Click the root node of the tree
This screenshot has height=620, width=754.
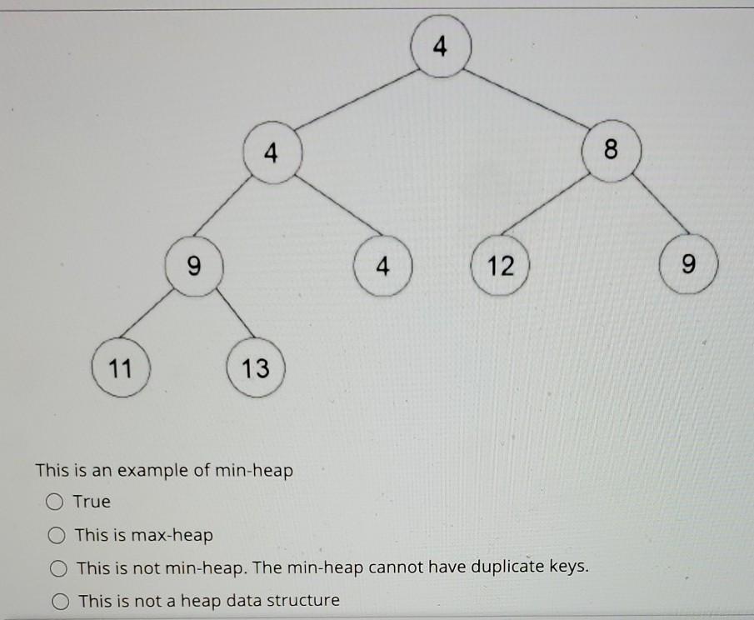pyautogui.click(x=441, y=47)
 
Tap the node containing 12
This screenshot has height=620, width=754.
pyautogui.click(x=501, y=267)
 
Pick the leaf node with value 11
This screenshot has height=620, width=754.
pyautogui.click(x=122, y=367)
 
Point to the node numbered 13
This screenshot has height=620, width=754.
pyautogui.click(x=256, y=367)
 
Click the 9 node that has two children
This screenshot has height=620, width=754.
pyautogui.click(x=193, y=267)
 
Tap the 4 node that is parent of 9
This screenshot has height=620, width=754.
pyautogui.click(x=269, y=152)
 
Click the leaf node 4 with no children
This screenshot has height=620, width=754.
pyautogui.click(x=382, y=267)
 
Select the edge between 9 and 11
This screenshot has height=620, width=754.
pyautogui.click(x=157, y=317)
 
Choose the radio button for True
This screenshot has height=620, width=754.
pyautogui.click(x=55, y=502)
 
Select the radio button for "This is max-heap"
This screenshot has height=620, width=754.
pyautogui.click(x=57, y=535)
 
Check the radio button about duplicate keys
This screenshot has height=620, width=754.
pyautogui.click(x=57, y=568)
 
